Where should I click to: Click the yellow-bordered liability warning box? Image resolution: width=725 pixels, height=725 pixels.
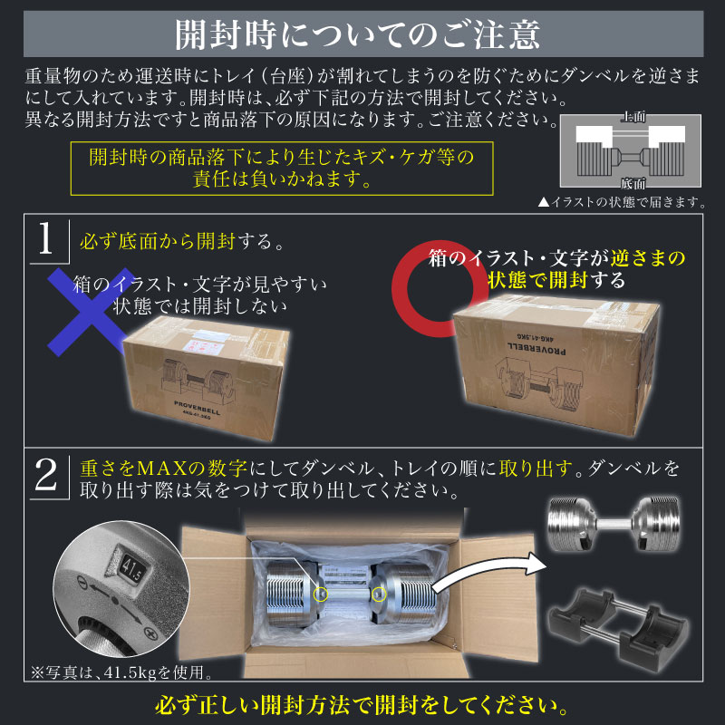[x=281, y=168]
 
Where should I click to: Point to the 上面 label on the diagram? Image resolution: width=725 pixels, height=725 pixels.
[x=633, y=119]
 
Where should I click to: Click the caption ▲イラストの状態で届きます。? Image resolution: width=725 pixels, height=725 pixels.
[x=621, y=201]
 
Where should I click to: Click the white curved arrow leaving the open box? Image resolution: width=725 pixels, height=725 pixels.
[x=489, y=571]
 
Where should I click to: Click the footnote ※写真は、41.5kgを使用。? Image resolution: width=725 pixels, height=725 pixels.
[x=122, y=672]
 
